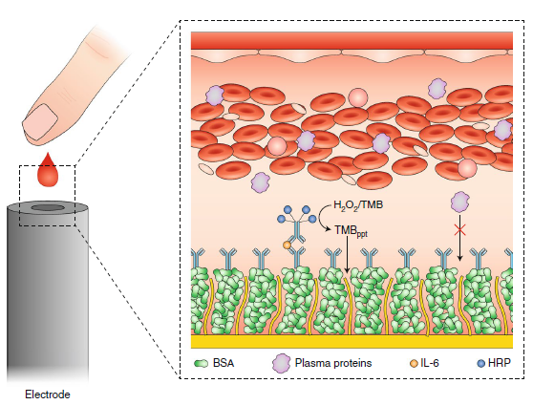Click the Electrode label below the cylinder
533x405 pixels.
(x=48, y=394)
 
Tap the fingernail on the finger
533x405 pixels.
(x=41, y=121)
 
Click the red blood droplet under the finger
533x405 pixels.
(x=48, y=171)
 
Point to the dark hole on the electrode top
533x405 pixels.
(x=48, y=208)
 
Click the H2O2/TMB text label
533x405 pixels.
(x=358, y=205)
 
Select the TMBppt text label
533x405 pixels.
(x=352, y=231)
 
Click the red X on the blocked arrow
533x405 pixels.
(x=459, y=230)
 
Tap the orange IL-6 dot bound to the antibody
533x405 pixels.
(x=287, y=245)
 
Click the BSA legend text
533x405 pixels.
(x=224, y=363)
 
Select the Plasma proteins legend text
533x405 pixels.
(x=333, y=363)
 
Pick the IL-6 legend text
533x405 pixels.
(x=430, y=363)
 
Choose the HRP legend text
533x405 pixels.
(x=500, y=363)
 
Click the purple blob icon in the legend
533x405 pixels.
(x=282, y=363)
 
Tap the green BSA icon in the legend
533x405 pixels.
(x=201, y=364)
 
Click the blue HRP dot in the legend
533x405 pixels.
(x=481, y=364)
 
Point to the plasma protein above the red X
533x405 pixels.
(x=459, y=202)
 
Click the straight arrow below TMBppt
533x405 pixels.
(x=347, y=254)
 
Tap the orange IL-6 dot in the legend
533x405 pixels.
(x=414, y=364)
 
